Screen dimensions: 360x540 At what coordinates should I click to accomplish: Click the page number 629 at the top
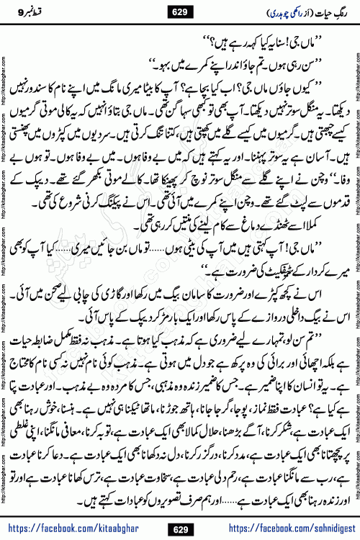180,10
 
